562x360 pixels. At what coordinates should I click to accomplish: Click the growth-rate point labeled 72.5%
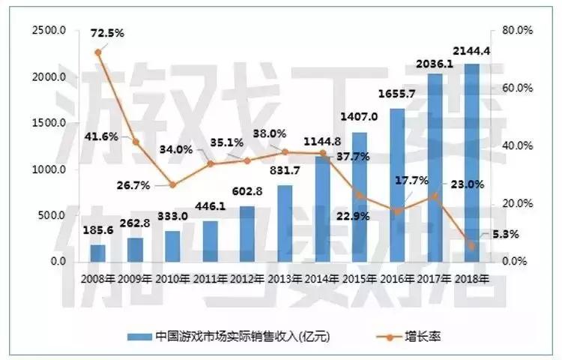pos(98,52)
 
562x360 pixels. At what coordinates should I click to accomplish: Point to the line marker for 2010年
pos(173,184)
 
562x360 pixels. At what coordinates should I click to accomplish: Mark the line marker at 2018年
pos(472,246)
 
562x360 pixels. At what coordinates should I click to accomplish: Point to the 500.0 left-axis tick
pos(52,216)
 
